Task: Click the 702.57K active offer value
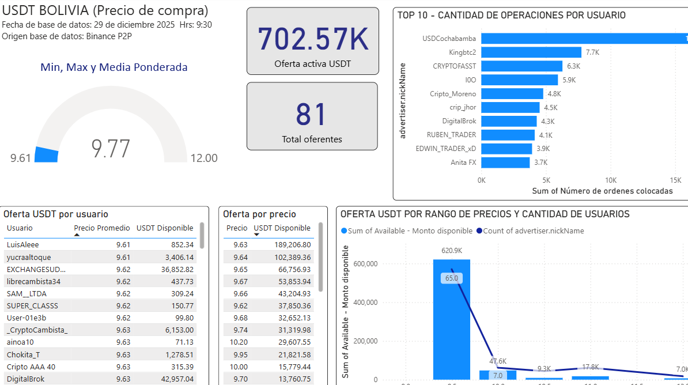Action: [313, 39]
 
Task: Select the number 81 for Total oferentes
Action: [312, 114]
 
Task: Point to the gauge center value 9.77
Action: [111, 149]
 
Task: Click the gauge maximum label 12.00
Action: [204, 158]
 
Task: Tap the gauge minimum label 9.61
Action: [21, 158]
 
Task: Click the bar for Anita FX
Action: [505, 163]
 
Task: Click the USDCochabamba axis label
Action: [449, 39]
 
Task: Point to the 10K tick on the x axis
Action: [611, 180]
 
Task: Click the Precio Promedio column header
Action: [102, 228]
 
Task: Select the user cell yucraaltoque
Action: [29, 257]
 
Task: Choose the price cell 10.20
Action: [237, 342]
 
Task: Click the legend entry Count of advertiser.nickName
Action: [530, 231]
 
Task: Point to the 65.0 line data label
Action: [452, 278]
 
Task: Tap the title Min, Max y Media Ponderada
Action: [114, 67]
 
